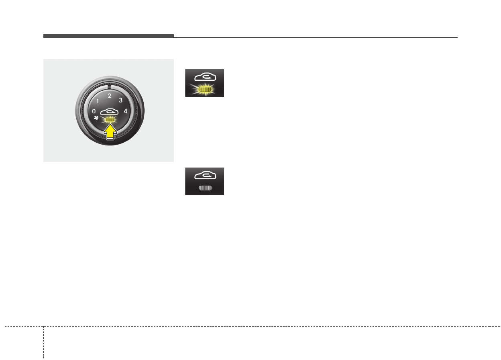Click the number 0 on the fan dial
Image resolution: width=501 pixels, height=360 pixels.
click(x=94, y=111)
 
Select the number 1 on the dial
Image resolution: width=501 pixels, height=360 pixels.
click(x=98, y=101)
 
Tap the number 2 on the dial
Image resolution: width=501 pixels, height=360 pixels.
click(x=109, y=96)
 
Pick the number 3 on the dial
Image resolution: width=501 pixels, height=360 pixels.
click(x=120, y=101)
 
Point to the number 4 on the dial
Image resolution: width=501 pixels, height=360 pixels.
click(x=125, y=111)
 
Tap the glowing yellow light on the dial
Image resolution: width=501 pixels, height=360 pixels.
click(x=110, y=120)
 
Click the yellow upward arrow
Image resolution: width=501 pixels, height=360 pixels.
click(x=110, y=133)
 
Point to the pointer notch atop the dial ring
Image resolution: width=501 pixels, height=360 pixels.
click(x=109, y=86)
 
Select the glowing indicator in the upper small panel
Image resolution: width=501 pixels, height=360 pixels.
click(x=204, y=89)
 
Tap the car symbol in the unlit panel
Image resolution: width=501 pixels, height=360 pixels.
click(x=204, y=176)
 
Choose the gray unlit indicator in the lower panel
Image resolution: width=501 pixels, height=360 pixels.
click(x=204, y=188)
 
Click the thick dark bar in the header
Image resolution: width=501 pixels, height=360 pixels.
click(x=108, y=36)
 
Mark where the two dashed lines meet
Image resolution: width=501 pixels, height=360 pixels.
click(x=43, y=326)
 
